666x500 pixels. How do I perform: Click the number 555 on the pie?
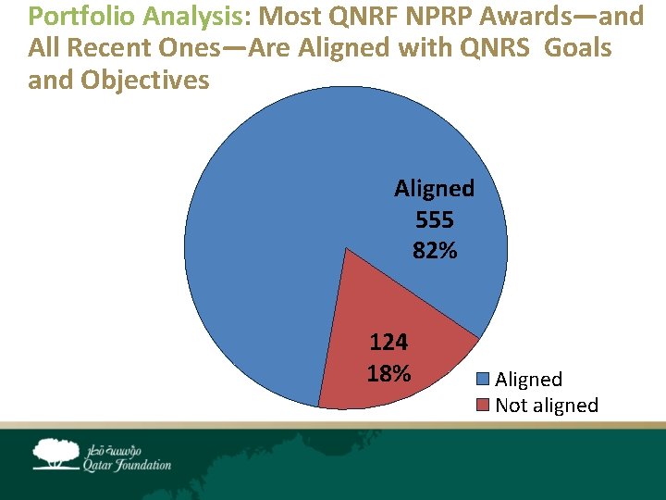434,220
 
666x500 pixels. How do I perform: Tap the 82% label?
434,251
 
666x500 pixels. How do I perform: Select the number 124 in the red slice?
388,343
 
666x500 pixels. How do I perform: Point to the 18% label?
388,373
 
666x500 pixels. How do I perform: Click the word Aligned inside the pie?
434,189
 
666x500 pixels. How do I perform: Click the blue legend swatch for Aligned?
484,380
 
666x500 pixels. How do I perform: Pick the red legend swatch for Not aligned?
484,406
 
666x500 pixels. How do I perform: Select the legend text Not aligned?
547,406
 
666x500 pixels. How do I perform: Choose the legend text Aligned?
528,380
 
